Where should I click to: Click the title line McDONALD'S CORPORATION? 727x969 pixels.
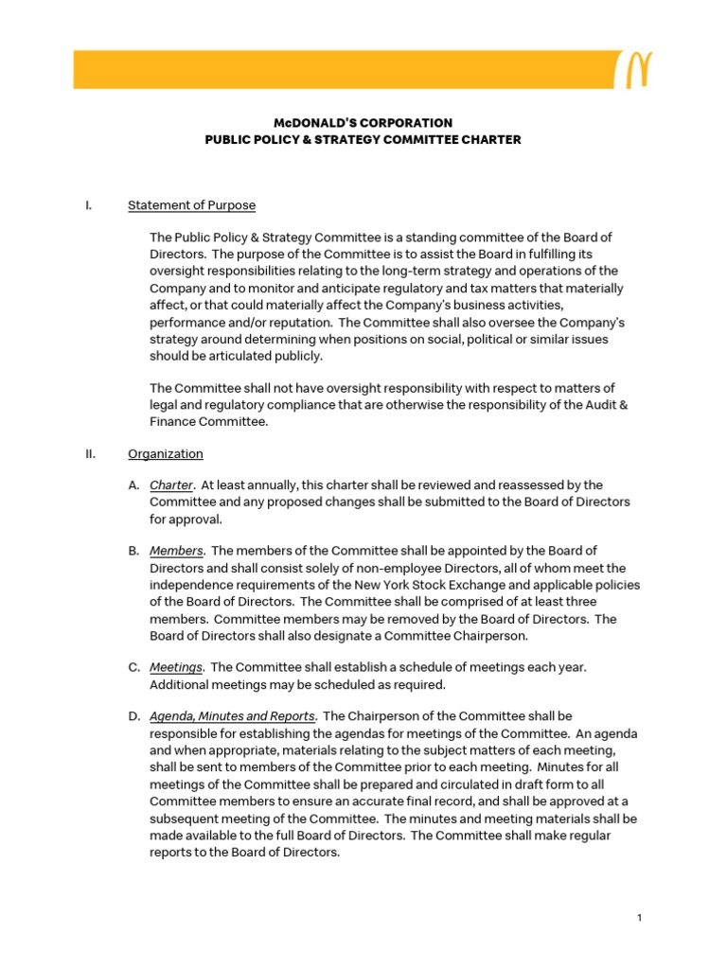(x=363, y=123)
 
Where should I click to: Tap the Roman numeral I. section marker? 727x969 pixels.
(x=87, y=205)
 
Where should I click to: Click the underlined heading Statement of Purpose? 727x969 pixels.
(x=191, y=205)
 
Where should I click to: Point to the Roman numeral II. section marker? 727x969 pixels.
(x=89, y=453)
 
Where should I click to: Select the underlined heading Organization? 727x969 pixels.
(x=165, y=453)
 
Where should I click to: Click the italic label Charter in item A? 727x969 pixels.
(x=171, y=484)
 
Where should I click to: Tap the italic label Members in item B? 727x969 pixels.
(x=176, y=551)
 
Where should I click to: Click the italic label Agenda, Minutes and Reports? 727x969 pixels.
(x=232, y=716)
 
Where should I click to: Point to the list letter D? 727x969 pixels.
(x=134, y=716)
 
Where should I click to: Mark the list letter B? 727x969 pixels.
(x=133, y=551)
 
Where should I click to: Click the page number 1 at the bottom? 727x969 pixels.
(x=641, y=918)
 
